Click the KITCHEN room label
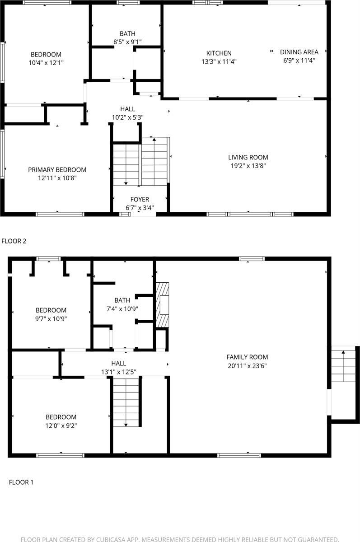tap(219, 53)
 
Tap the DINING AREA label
tap(299, 52)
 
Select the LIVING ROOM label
tap(248, 157)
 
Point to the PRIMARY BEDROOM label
tap(57, 170)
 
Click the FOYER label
tap(140, 199)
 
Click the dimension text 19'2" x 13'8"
tap(248, 166)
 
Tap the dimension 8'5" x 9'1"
tap(127, 42)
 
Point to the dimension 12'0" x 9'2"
tap(61, 425)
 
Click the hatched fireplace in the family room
tap(163, 305)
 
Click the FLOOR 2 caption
tap(14, 241)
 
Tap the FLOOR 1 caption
tap(21, 482)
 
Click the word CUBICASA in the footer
tap(126, 539)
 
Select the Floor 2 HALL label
tap(127, 109)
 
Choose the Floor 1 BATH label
tap(122, 300)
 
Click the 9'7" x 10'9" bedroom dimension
tap(51, 319)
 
